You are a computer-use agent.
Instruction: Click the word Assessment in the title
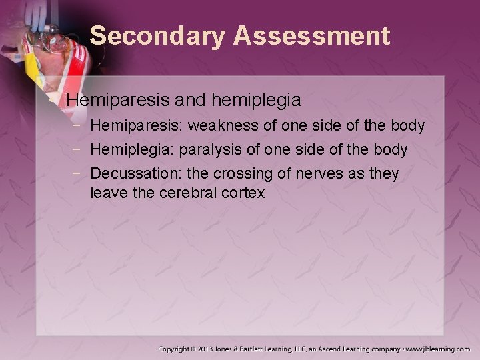coord(311,36)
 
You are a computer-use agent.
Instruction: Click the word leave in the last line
coord(107,193)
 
